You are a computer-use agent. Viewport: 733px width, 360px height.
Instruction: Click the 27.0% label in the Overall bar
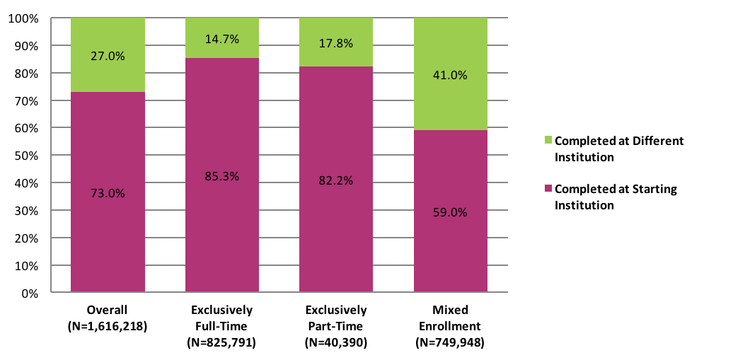pos(108,56)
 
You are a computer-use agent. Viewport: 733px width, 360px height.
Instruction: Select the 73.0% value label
pos(108,193)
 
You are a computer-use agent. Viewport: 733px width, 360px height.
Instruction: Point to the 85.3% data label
pos(222,176)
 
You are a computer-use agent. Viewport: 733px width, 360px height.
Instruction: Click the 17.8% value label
pos(336,44)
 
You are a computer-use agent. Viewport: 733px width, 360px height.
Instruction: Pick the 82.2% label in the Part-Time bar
pos(336,180)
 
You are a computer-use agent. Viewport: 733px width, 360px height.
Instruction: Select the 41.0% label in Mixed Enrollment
pos(450,75)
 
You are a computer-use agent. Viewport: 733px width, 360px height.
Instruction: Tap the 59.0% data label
pos(450,212)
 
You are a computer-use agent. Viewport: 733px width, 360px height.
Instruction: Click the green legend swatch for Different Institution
pos(549,141)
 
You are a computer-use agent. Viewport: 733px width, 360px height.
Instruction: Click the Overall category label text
pos(107,310)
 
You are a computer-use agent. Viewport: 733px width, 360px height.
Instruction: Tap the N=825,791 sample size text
pos(221,343)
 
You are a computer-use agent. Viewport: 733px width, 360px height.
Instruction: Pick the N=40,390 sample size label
pos(336,343)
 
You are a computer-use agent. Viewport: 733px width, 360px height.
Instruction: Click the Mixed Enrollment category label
pos(450,318)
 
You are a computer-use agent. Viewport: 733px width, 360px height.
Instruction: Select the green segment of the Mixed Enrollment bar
pos(450,99)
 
